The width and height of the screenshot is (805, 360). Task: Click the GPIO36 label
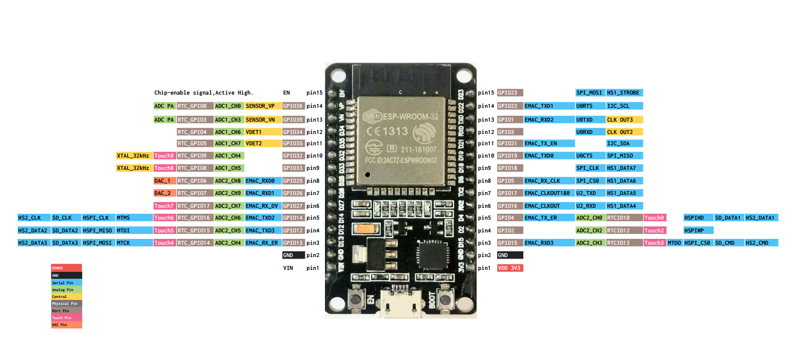293,106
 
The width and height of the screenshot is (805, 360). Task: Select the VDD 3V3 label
510,268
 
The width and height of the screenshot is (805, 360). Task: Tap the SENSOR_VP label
262,106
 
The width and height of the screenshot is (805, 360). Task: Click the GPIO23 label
510,93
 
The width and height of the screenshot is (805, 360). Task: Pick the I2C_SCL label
623,106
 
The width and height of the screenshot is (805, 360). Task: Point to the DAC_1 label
164,181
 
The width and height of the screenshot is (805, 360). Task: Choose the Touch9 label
164,156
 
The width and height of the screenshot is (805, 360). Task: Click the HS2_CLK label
33,218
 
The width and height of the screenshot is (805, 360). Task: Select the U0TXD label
590,120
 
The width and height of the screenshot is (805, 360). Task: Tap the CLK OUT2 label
623,132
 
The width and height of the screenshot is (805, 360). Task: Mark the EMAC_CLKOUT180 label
548,193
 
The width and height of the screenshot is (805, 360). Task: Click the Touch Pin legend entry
66,318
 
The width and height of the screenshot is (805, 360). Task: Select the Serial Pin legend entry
66,283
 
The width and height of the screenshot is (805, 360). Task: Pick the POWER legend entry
66,268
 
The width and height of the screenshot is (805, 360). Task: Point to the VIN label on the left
288,268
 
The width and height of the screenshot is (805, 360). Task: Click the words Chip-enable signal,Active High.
203,93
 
